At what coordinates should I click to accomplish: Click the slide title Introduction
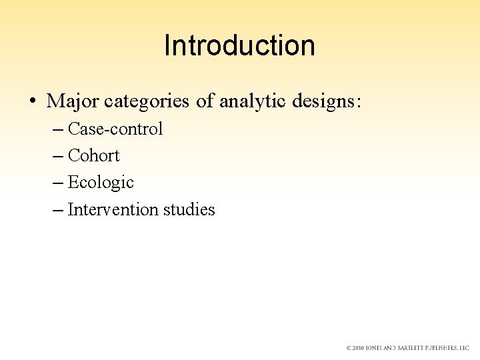[x=239, y=46]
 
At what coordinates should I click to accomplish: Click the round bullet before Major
[x=32, y=102]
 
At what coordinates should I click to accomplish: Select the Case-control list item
[x=115, y=129]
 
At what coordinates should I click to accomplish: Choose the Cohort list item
[x=94, y=156]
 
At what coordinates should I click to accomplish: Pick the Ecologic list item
[x=101, y=183]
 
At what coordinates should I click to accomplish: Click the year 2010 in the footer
[x=359, y=349]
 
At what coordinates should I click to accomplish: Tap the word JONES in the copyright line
[x=377, y=349]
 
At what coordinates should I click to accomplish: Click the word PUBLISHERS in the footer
[x=443, y=349]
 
